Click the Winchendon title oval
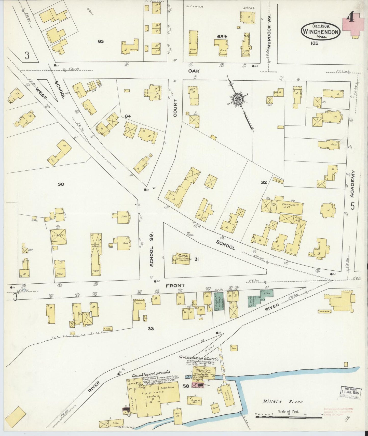(320, 32)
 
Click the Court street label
(175, 108)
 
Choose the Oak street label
(194, 71)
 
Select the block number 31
(196, 259)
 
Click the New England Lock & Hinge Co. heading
(197, 357)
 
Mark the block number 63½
(222, 37)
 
